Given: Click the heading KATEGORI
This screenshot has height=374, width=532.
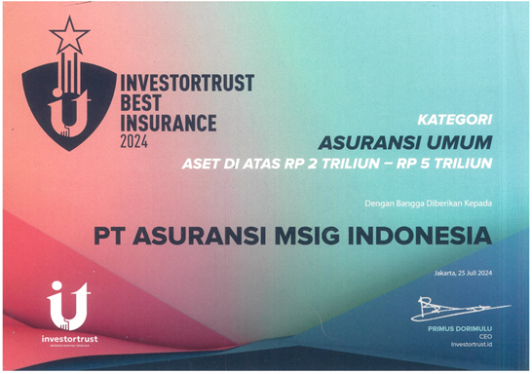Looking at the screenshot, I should [452, 121].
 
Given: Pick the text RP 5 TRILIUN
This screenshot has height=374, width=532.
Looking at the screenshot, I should [449, 165].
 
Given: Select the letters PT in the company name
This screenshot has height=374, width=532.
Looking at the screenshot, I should [109, 236].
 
